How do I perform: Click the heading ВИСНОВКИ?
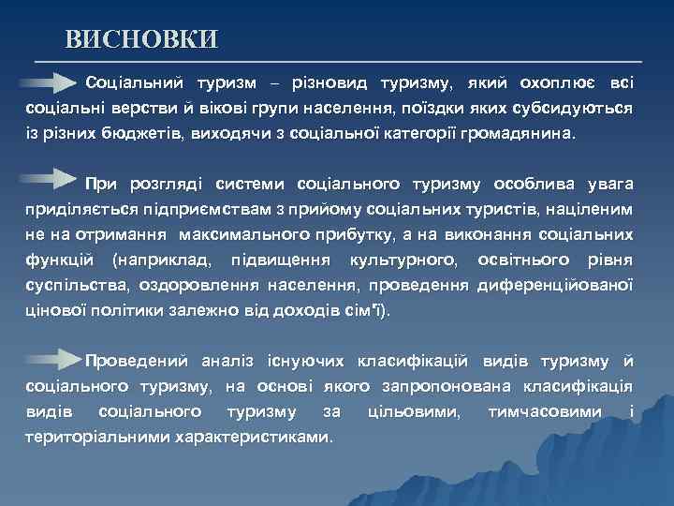[x=141, y=39]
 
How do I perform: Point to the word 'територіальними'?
[x=98, y=437]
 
